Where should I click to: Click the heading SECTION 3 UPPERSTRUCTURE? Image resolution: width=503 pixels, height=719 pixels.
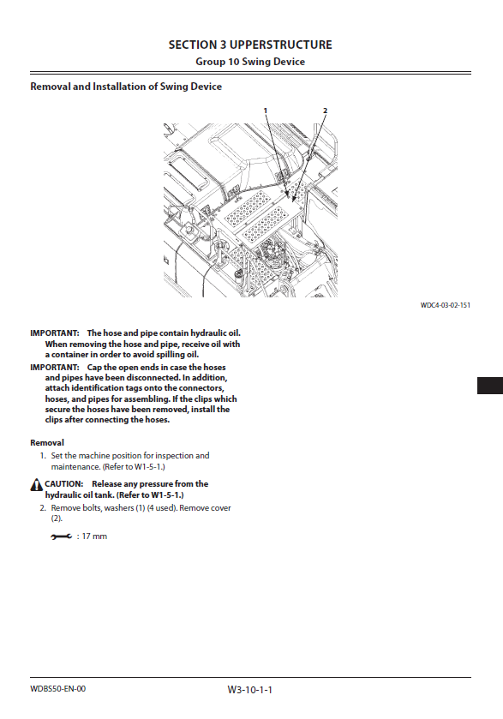tap(250, 45)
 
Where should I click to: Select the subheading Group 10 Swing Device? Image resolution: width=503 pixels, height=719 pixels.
tap(250, 62)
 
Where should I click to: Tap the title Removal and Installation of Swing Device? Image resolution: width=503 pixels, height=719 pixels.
tap(126, 87)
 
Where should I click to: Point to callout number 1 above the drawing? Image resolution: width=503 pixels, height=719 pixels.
tap(265, 111)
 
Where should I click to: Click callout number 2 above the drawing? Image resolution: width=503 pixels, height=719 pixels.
tap(325, 111)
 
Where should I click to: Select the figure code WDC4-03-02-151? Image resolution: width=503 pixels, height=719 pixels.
tap(446, 305)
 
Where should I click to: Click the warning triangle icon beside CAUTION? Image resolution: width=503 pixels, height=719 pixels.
tap(37, 485)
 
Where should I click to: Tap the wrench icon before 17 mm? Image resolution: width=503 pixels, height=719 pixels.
tap(62, 536)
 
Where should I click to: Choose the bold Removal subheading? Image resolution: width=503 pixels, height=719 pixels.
tap(47, 443)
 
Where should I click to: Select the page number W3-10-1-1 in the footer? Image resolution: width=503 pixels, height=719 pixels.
tap(250, 690)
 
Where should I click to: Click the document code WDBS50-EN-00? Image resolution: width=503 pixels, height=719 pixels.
tap(57, 689)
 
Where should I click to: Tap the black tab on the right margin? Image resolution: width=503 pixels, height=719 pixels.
tap(490, 386)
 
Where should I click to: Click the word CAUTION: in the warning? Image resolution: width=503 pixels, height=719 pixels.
tap(64, 484)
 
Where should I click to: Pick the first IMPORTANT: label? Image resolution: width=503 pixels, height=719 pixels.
tap(55, 333)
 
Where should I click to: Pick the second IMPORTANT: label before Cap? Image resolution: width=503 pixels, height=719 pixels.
tap(55, 368)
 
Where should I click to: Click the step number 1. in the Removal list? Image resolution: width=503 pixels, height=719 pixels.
tap(43, 456)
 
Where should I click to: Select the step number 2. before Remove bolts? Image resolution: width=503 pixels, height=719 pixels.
tap(43, 508)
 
